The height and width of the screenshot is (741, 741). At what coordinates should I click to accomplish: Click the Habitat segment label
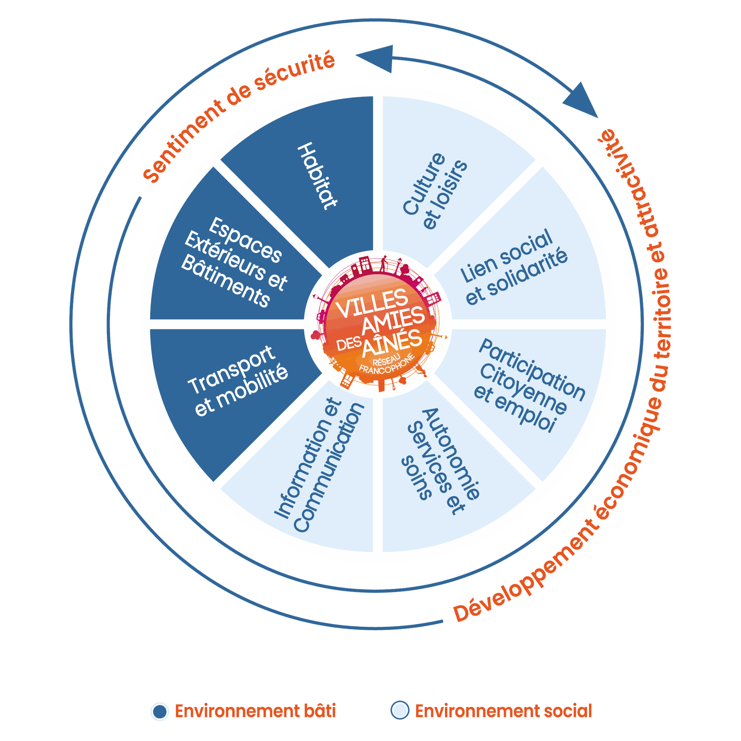[317, 176]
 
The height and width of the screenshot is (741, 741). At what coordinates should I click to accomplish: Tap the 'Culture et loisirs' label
[435, 191]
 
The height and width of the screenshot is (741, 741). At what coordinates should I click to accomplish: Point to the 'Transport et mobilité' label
[238, 381]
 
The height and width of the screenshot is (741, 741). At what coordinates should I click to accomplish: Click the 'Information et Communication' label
[319, 465]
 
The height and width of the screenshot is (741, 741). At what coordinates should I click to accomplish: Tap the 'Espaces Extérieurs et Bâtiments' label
[234, 262]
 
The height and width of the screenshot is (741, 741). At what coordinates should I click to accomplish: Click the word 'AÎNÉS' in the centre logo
[392, 342]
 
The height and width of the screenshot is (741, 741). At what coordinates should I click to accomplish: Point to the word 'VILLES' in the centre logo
[372, 304]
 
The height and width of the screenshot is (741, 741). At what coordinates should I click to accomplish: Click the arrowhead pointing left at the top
[374, 59]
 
